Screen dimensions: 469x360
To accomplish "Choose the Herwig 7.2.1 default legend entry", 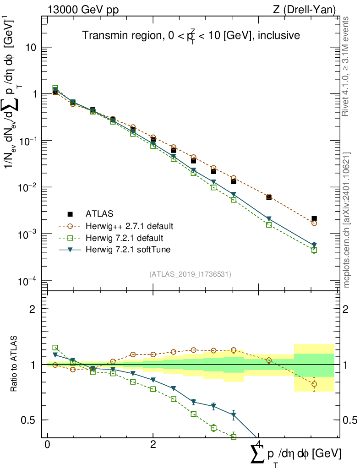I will [125, 238].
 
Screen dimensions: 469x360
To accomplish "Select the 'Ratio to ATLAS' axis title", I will [14, 365].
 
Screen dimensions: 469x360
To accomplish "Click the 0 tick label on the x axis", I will [48, 445].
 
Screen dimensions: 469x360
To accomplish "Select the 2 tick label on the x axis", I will [153, 445].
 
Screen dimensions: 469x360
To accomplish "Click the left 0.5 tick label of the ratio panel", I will [30, 420].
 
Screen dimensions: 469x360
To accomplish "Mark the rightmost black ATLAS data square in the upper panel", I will [314, 218].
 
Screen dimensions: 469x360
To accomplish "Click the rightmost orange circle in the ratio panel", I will [314, 384].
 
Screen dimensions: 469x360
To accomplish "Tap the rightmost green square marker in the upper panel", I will [314, 250].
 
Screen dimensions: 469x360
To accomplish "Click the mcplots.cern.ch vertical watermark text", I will [347, 220].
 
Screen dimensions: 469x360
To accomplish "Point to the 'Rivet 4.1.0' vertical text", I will [347, 66].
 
